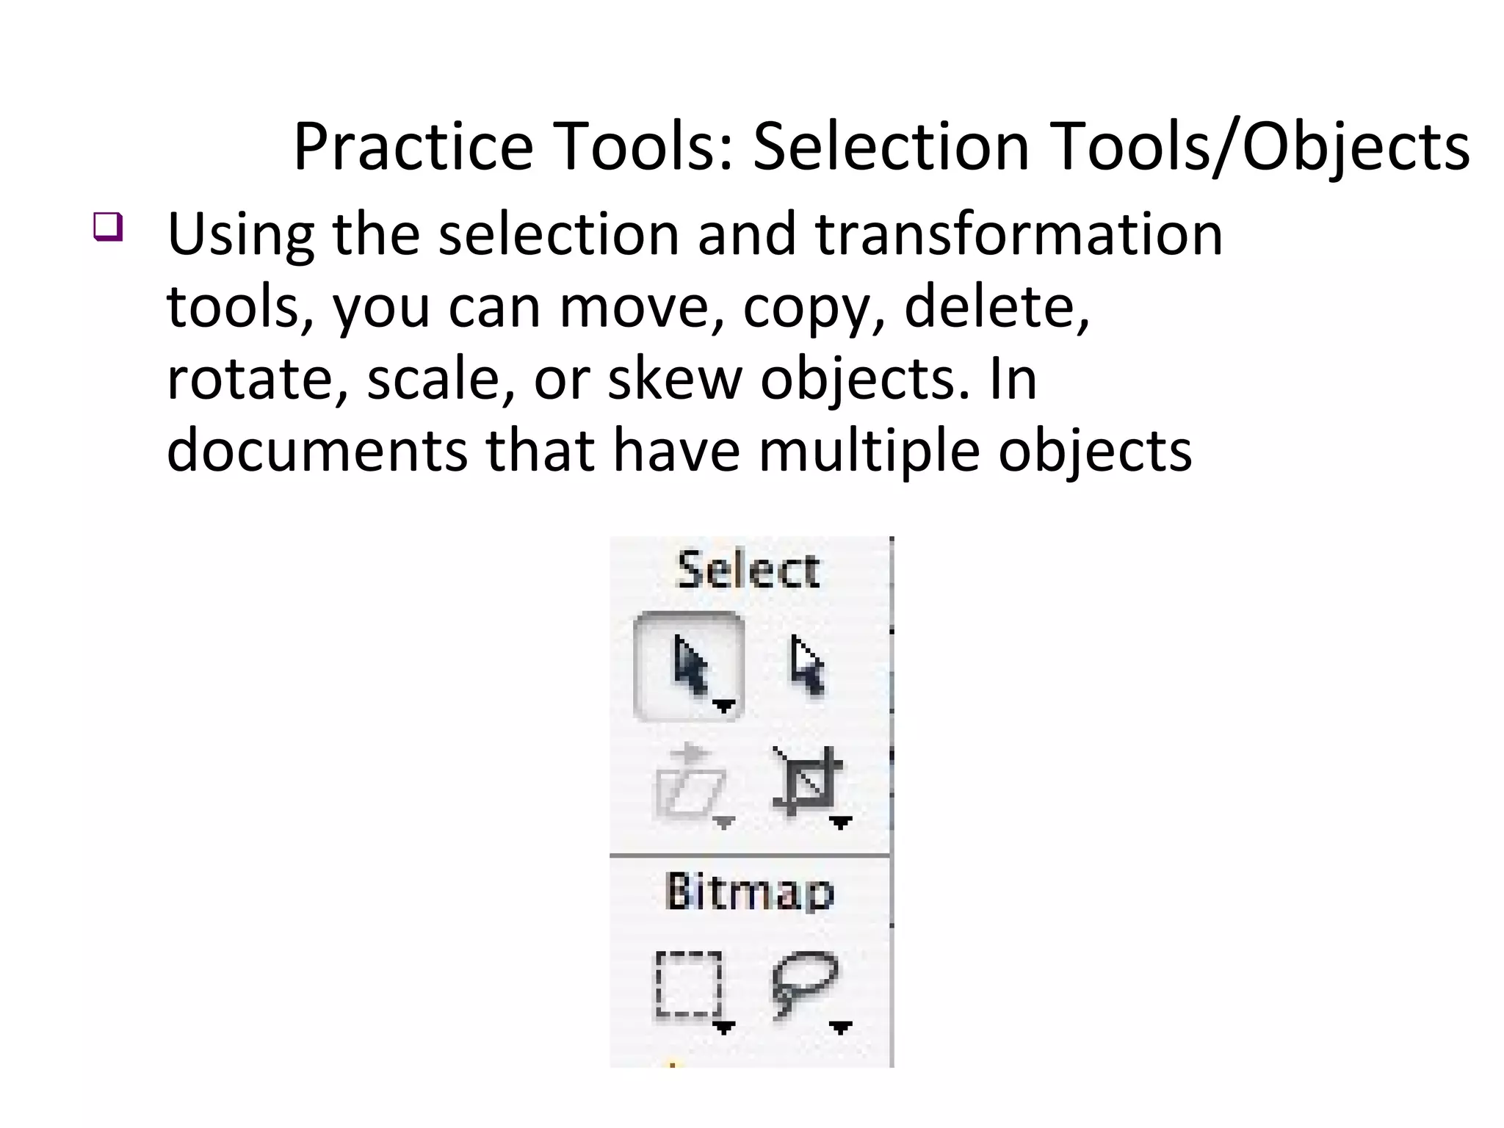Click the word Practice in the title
(x=413, y=147)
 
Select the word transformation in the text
(x=1019, y=235)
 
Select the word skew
(x=675, y=380)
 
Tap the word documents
(x=317, y=451)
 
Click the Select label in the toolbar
(x=748, y=571)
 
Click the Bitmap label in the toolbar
(x=749, y=892)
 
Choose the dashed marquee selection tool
(x=689, y=984)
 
